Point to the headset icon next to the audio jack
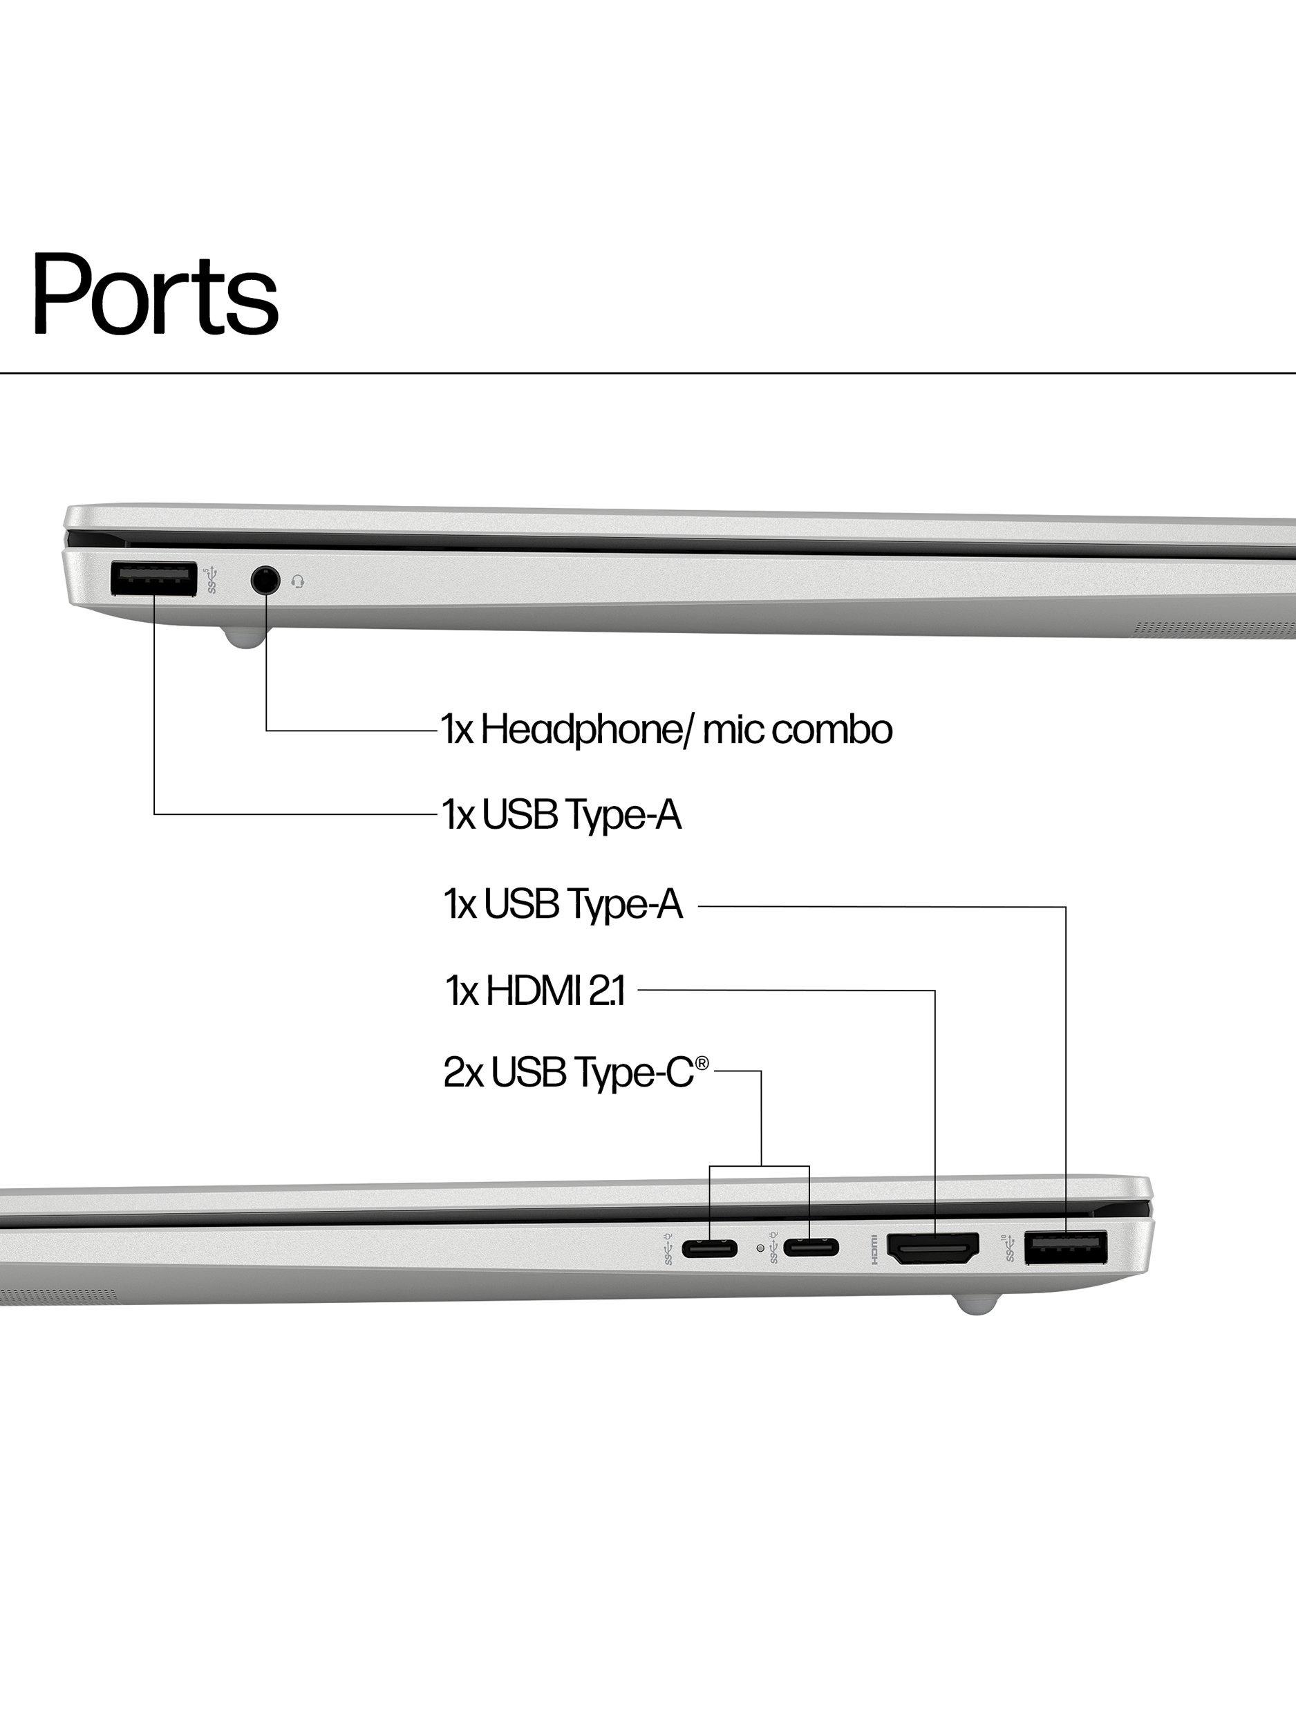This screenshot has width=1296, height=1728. (x=298, y=582)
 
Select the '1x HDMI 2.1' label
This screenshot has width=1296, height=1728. (x=535, y=990)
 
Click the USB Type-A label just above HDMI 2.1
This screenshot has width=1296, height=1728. (x=563, y=905)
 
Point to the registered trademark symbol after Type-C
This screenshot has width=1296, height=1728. (x=702, y=1063)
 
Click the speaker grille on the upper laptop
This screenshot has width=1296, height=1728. (x=1214, y=628)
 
